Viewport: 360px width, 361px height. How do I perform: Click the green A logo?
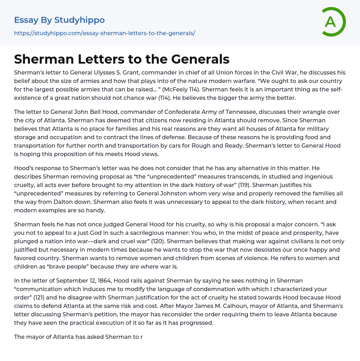click(333, 22)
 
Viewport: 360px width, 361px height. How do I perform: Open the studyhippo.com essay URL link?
click(104, 33)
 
